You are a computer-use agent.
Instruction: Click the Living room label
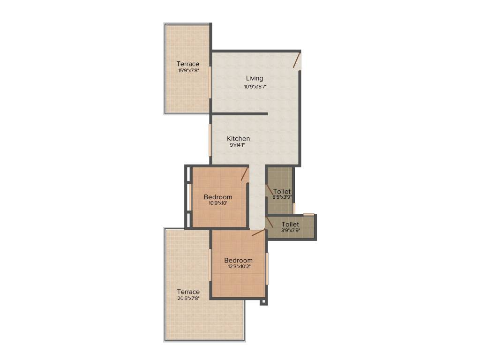click(255, 78)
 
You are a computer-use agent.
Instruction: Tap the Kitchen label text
click(238, 139)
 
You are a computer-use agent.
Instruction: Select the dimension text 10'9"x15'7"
click(255, 86)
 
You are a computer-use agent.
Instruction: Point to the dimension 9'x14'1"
click(237, 145)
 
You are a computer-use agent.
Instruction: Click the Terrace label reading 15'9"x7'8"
click(187, 64)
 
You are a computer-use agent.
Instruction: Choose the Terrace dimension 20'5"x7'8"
click(188, 298)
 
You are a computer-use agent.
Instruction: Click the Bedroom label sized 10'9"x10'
click(218, 197)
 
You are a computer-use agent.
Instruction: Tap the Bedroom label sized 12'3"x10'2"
click(238, 261)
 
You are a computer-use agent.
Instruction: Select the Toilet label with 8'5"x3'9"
click(282, 192)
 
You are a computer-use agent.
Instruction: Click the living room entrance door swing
click(297, 60)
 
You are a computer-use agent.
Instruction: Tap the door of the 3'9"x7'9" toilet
click(269, 222)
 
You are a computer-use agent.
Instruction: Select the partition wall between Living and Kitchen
click(239, 114)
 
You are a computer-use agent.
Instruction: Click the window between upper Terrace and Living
click(210, 82)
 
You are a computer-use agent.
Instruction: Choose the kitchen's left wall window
click(210, 139)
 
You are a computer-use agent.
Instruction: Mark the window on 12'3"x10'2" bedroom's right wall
click(267, 268)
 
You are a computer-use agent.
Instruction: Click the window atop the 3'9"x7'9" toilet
click(308, 215)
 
